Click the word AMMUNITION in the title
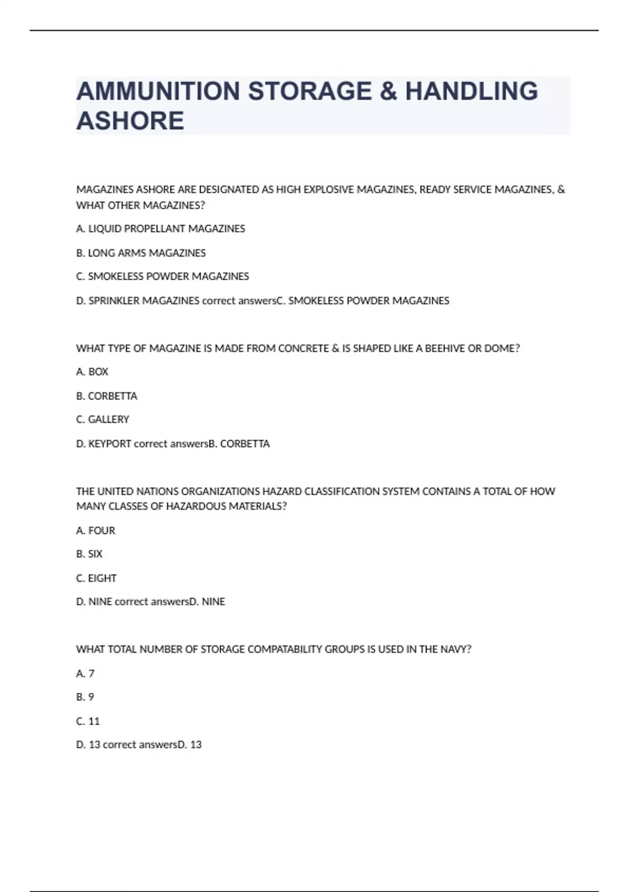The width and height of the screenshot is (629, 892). point(158,91)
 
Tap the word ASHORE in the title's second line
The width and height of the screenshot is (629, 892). point(130,121)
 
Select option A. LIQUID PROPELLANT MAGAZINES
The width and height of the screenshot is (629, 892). point(160,229)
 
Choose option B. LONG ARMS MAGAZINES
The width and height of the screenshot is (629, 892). point(140,253)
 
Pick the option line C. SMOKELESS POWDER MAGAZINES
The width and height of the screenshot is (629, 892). point(162,277)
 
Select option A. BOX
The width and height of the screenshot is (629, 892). point(92,372)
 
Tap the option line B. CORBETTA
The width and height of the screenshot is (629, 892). point(106,396)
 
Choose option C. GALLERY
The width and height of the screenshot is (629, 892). point(103,420)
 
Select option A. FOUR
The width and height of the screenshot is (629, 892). point(95,530)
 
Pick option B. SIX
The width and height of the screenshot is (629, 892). point(89,554)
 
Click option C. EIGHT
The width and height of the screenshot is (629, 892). point(96,578)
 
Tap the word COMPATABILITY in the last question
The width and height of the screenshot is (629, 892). point(285,650)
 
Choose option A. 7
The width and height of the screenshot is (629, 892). point(85,674)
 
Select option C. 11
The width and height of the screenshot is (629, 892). point(88,721)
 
